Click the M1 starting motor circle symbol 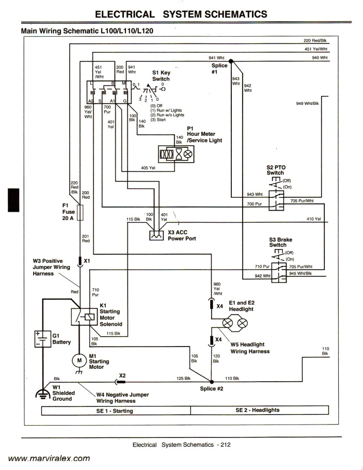(80, 359)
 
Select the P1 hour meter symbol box (176, 154)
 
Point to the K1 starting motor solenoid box (84, 316)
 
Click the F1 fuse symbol (79, 212)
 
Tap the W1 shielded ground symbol (41, 394)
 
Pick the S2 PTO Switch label (276, 170)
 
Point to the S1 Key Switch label (161, 76)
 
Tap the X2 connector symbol (122, 382)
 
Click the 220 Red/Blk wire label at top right (317, 40)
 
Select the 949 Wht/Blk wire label (308, 104)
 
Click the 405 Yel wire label (148, 167)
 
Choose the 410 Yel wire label (313, 219)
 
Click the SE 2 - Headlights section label (257, 410)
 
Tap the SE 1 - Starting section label (115, 411)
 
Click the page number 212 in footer (225, 445)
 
